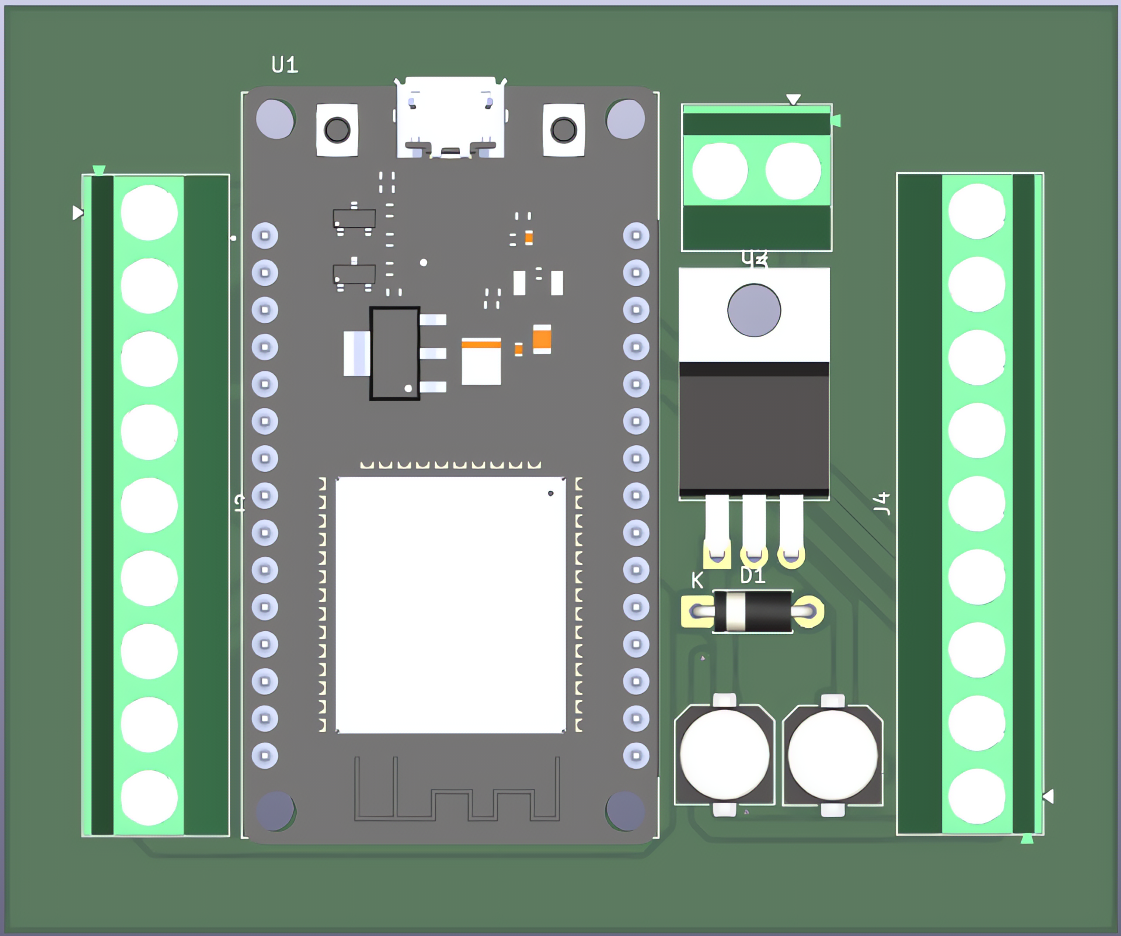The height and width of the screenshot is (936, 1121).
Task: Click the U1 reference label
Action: point(285,65)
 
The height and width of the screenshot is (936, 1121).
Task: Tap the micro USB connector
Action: point(450,118)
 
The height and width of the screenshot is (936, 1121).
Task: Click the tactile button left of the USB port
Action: point(337,130)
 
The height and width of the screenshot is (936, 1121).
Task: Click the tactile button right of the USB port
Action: point(564,130)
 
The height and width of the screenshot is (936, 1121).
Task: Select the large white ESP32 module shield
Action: point(450,605)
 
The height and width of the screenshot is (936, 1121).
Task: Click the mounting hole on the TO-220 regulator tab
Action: point(754,310)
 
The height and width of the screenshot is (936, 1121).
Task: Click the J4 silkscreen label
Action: point(882,503)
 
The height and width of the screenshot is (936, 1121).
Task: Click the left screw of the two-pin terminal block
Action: point(720,171)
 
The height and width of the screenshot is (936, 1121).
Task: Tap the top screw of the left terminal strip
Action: point(149,212)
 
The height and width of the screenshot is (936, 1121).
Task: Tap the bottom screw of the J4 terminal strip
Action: point(976,796)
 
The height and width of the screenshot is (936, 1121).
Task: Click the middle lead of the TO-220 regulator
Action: point(754,526)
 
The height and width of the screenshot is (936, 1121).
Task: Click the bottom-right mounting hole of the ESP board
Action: point(625,811)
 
